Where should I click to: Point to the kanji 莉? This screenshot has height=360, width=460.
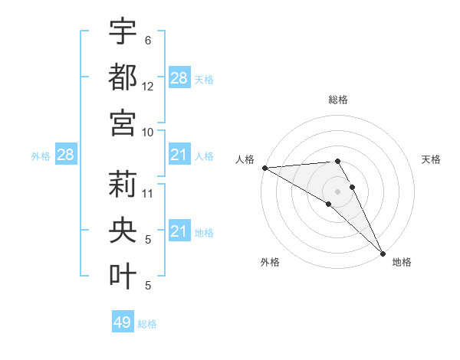[x=123, y=184]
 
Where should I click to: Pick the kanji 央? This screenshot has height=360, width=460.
[x=123, y=230]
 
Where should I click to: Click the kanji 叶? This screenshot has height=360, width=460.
[x=123, y=276]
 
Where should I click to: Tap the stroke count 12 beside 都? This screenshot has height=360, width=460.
[x=148, y=87]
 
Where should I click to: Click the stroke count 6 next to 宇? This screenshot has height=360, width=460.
[x=148, y=40]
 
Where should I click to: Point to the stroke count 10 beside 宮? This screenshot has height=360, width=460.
[x=148, y=132]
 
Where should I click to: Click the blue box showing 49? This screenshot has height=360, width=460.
[x=123, y=322]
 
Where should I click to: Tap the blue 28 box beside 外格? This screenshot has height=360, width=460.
[x=65, y=155]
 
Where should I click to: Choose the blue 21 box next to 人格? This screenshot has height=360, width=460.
[x=179, y=155]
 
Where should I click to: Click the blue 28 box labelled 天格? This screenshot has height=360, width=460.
[x=179, y=78]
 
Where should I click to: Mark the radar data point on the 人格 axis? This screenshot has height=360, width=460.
[x=264, y=168]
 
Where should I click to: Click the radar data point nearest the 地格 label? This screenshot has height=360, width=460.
[x=382, y=252]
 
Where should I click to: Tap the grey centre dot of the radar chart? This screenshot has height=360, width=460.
[x=337, y=191]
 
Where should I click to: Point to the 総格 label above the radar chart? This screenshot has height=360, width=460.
[x=337, y=100]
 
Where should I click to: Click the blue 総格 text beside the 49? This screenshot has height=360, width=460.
[x=147, y=324]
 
